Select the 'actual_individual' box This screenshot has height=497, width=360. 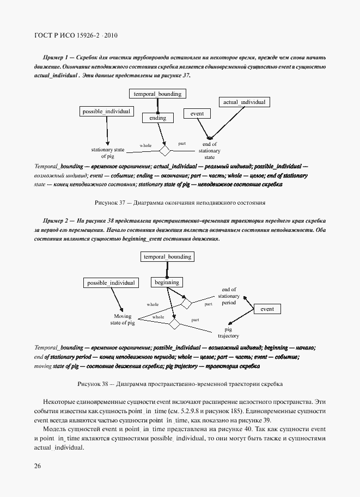pyautogui.click(x=244, y=102)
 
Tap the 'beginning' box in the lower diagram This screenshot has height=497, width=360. pyautogui.click(x=167, y=282)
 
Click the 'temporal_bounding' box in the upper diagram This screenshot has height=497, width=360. pyautogui.click(x=157, y=94)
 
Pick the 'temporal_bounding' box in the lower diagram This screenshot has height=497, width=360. pyautogui.click(x=167, y=256)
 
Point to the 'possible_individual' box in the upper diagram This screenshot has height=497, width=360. pyautogui.click(x=107, y=111)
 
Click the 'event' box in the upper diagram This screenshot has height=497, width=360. pyautogui.click(x=197, y=113)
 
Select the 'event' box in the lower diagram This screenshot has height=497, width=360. pyautogui.click(x=267, y=309)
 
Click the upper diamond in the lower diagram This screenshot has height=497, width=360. pyautogui.click(x=187, y=303)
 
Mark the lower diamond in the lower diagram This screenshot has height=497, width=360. pyautogui.click(x=174, y=324)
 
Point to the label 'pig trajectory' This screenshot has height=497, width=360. pyautogui.click(x=228, y=333)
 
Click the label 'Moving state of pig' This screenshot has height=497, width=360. pyautogui.click(x=123, y=320)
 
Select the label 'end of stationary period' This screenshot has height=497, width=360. pyautogui.click(x=229, y=296)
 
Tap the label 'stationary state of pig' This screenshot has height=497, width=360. pyautogui.click(x=107, y=153)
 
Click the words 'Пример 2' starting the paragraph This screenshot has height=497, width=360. pyautogui.click(x=56, y=220)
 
